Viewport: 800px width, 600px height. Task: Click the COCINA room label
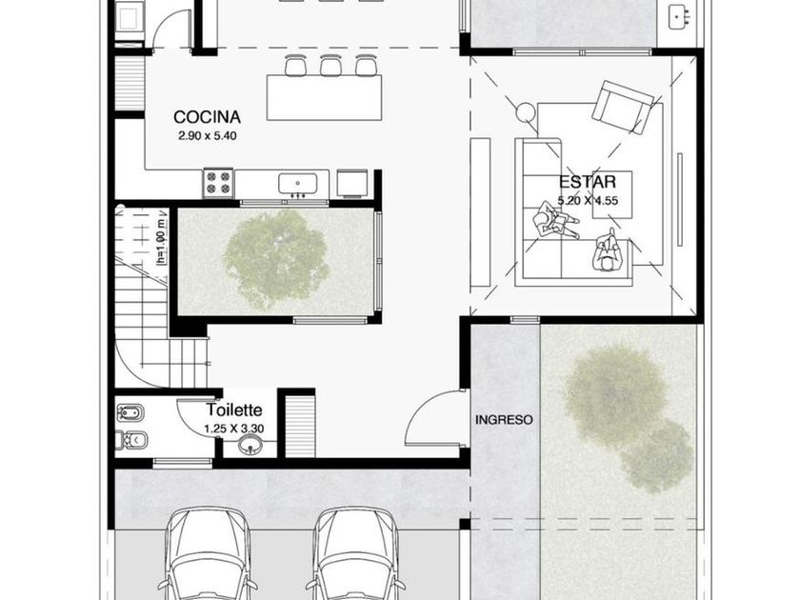tap(208, 117)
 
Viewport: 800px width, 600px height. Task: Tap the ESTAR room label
tap(588, 182)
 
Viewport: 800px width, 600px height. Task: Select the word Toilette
tap(234, 410)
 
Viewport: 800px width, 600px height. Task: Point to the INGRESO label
tap(504, 420)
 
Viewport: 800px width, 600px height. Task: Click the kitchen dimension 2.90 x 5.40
tap(208, 136)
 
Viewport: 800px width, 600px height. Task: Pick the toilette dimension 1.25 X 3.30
tap(234, 429)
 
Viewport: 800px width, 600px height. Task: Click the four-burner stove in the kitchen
tap(218, 183)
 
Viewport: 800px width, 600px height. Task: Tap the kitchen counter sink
tap(297, 184)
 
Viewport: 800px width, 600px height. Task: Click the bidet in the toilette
tap(130, 412)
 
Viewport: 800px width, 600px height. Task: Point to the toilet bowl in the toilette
tap(131, 440)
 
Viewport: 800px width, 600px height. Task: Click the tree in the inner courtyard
tap(276, 258)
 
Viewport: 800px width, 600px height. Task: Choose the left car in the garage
tap(208, 553)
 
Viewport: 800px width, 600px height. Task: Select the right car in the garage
tap(355, 553)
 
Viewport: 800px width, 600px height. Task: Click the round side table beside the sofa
tap(524, 111)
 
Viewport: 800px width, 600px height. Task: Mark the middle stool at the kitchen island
tap(330, 65)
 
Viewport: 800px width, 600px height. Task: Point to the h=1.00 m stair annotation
tap(162, 241)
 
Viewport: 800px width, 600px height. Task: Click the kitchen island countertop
tap(324, 97)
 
